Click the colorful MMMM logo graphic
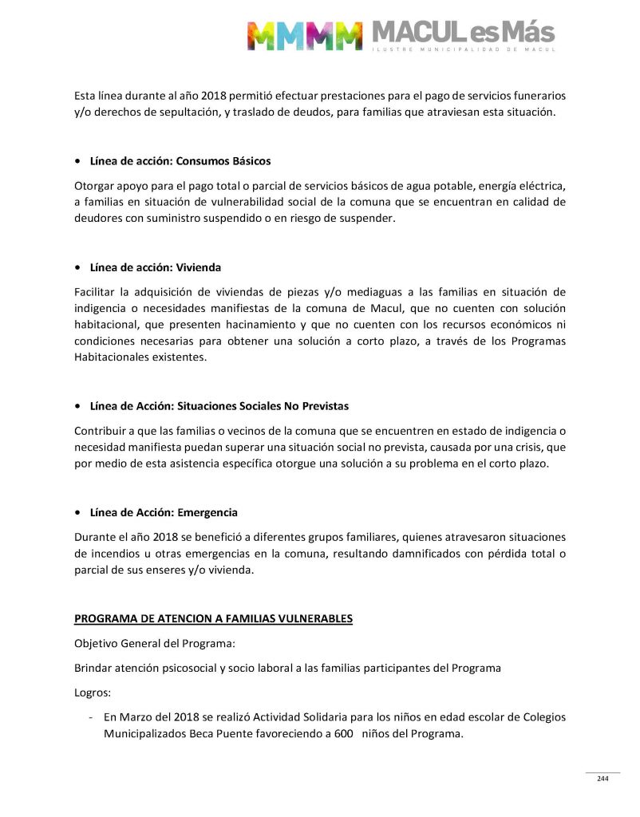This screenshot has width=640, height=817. point(304,35)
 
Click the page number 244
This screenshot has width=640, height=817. point(602,779)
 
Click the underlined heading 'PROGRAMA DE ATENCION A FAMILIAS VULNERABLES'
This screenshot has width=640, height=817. point(213,618)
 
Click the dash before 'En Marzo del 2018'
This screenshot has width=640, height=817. point(93,716)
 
